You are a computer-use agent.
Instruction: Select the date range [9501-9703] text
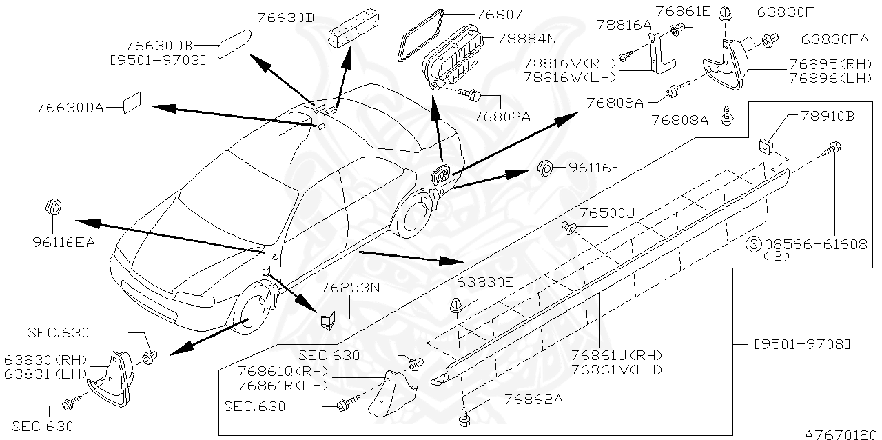click(x=158, y=60)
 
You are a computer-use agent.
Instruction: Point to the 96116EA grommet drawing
click(x=53, y=206)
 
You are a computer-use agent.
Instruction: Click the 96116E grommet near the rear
click(x=544, y=168)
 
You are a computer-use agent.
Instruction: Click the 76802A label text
click(x=502, y=117)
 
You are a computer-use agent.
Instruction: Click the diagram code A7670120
click(x=843, y=434)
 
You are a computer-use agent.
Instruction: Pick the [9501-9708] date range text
click(x=801, y=343)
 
